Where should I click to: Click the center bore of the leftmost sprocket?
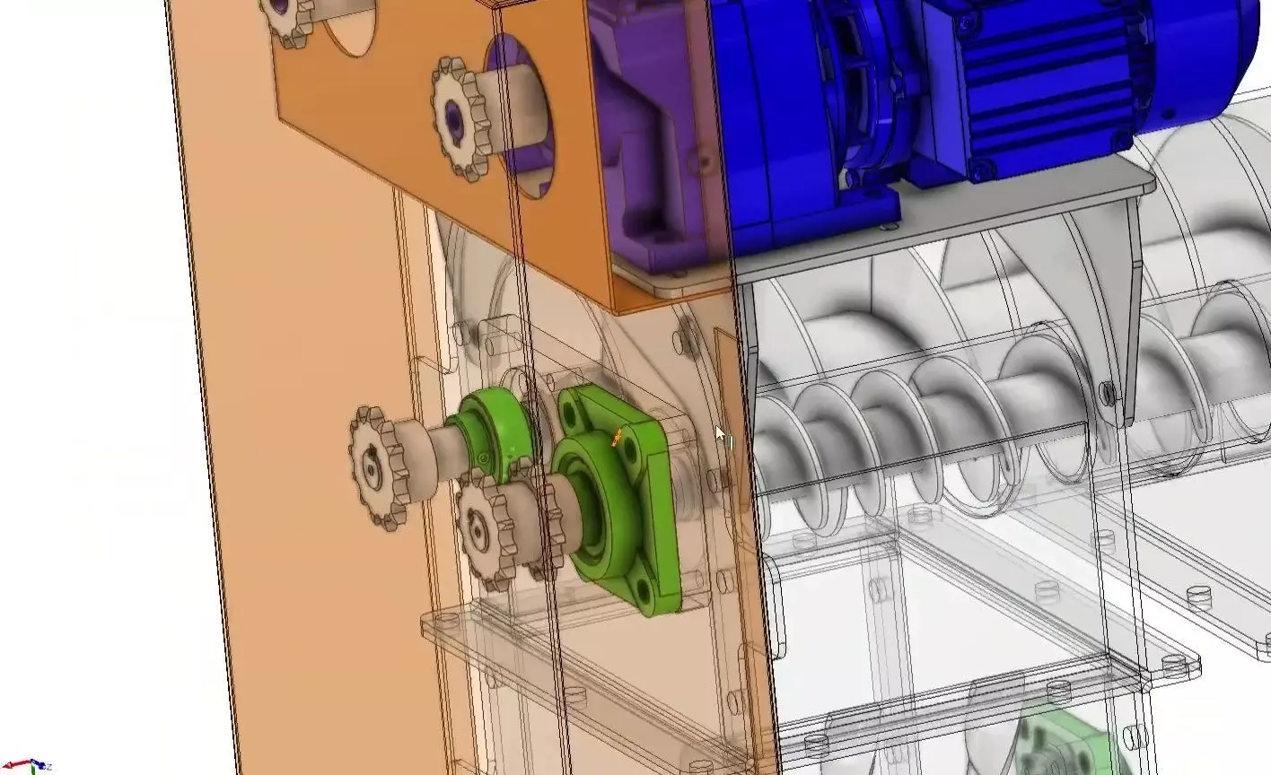pos(371,466)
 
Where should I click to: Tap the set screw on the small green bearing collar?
pos(485,459)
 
